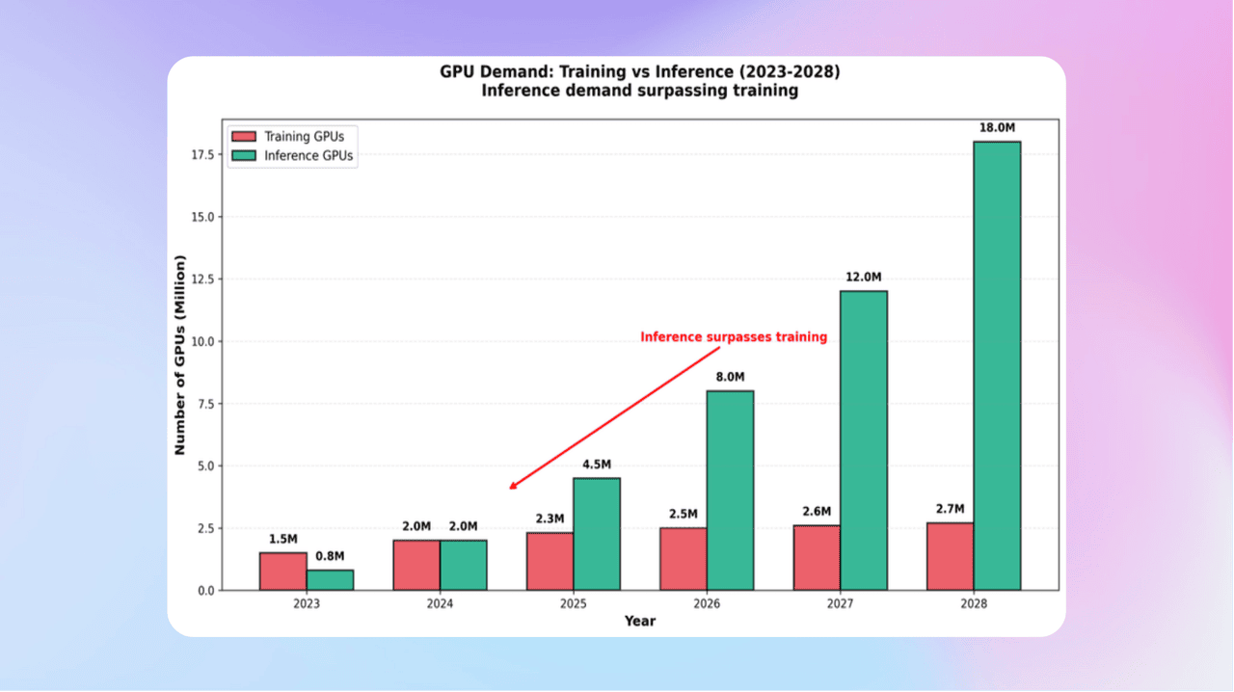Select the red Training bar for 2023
pyautogui.click(x=282, y=571)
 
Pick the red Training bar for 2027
pyautogui.click(x=817, y=557)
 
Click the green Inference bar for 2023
pyautogui.click(x=330, y=579)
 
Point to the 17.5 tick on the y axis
pyautogui.click(x=206, y=154)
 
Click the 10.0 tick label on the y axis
pyautogui.click(x=206, y=341)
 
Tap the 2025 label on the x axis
pyautogui.click(x=574, y=603)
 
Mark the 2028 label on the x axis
pyautogui.click(x=974, y=603)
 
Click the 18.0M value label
pyautogui.click(x=997, y=126)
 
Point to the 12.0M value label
pyautogui.click(x=864, y=277)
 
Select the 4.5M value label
pyautogui.click(x=597, y=464)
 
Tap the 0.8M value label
pyautogui.click(x=330, y=556)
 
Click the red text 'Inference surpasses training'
pyautogui.click(x=734, y=337)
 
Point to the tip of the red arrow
pyautogui.click(x=510, y=489)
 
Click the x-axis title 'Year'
pyautogui.click(x=639, y=621)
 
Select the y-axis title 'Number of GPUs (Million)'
pyautogui.click(x=179, y=355)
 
